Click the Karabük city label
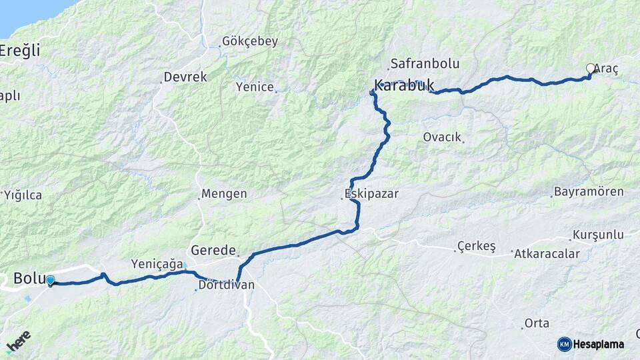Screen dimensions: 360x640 404,85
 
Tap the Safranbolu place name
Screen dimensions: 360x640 425,64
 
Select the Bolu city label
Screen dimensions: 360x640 29,277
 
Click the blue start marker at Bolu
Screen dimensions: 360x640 50,281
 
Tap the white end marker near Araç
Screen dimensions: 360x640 590,68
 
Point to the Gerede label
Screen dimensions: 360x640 213,251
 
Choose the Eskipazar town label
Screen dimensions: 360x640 371,194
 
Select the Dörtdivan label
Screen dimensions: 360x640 226,285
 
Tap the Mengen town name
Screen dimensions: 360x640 224,195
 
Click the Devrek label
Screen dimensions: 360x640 185,77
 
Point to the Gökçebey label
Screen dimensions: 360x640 250,41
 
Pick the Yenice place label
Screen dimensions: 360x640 255,87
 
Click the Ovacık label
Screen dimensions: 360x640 442,137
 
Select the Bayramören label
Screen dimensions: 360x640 589,192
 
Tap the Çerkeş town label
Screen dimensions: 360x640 476,247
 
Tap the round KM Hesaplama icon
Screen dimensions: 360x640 564,344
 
